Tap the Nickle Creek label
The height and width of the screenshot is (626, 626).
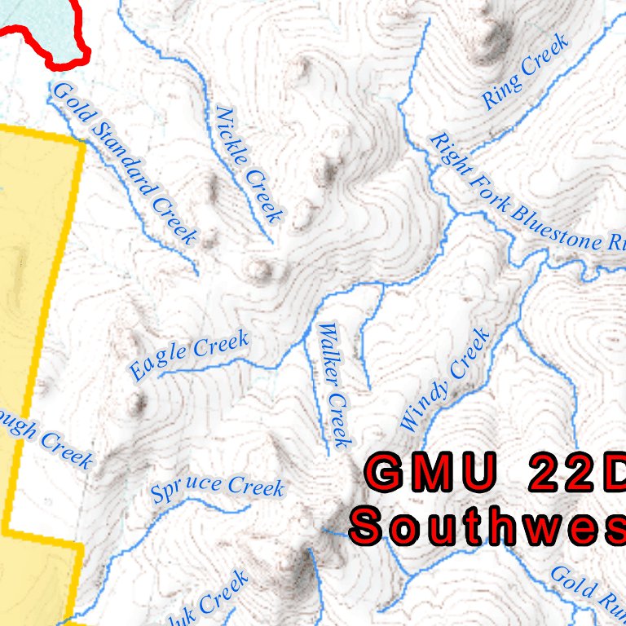pyautogui.click(x=249, y=164)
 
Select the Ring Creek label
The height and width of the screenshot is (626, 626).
pyautogui.click(x=524, y=73)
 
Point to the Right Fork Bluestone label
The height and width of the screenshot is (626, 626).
pyautogui.click(x=527, y=194)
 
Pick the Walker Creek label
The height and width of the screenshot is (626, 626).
pyautogui.click(x=335, y=385)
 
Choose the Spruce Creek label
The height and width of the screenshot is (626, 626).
pyautogui.click(x=218, y=488)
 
